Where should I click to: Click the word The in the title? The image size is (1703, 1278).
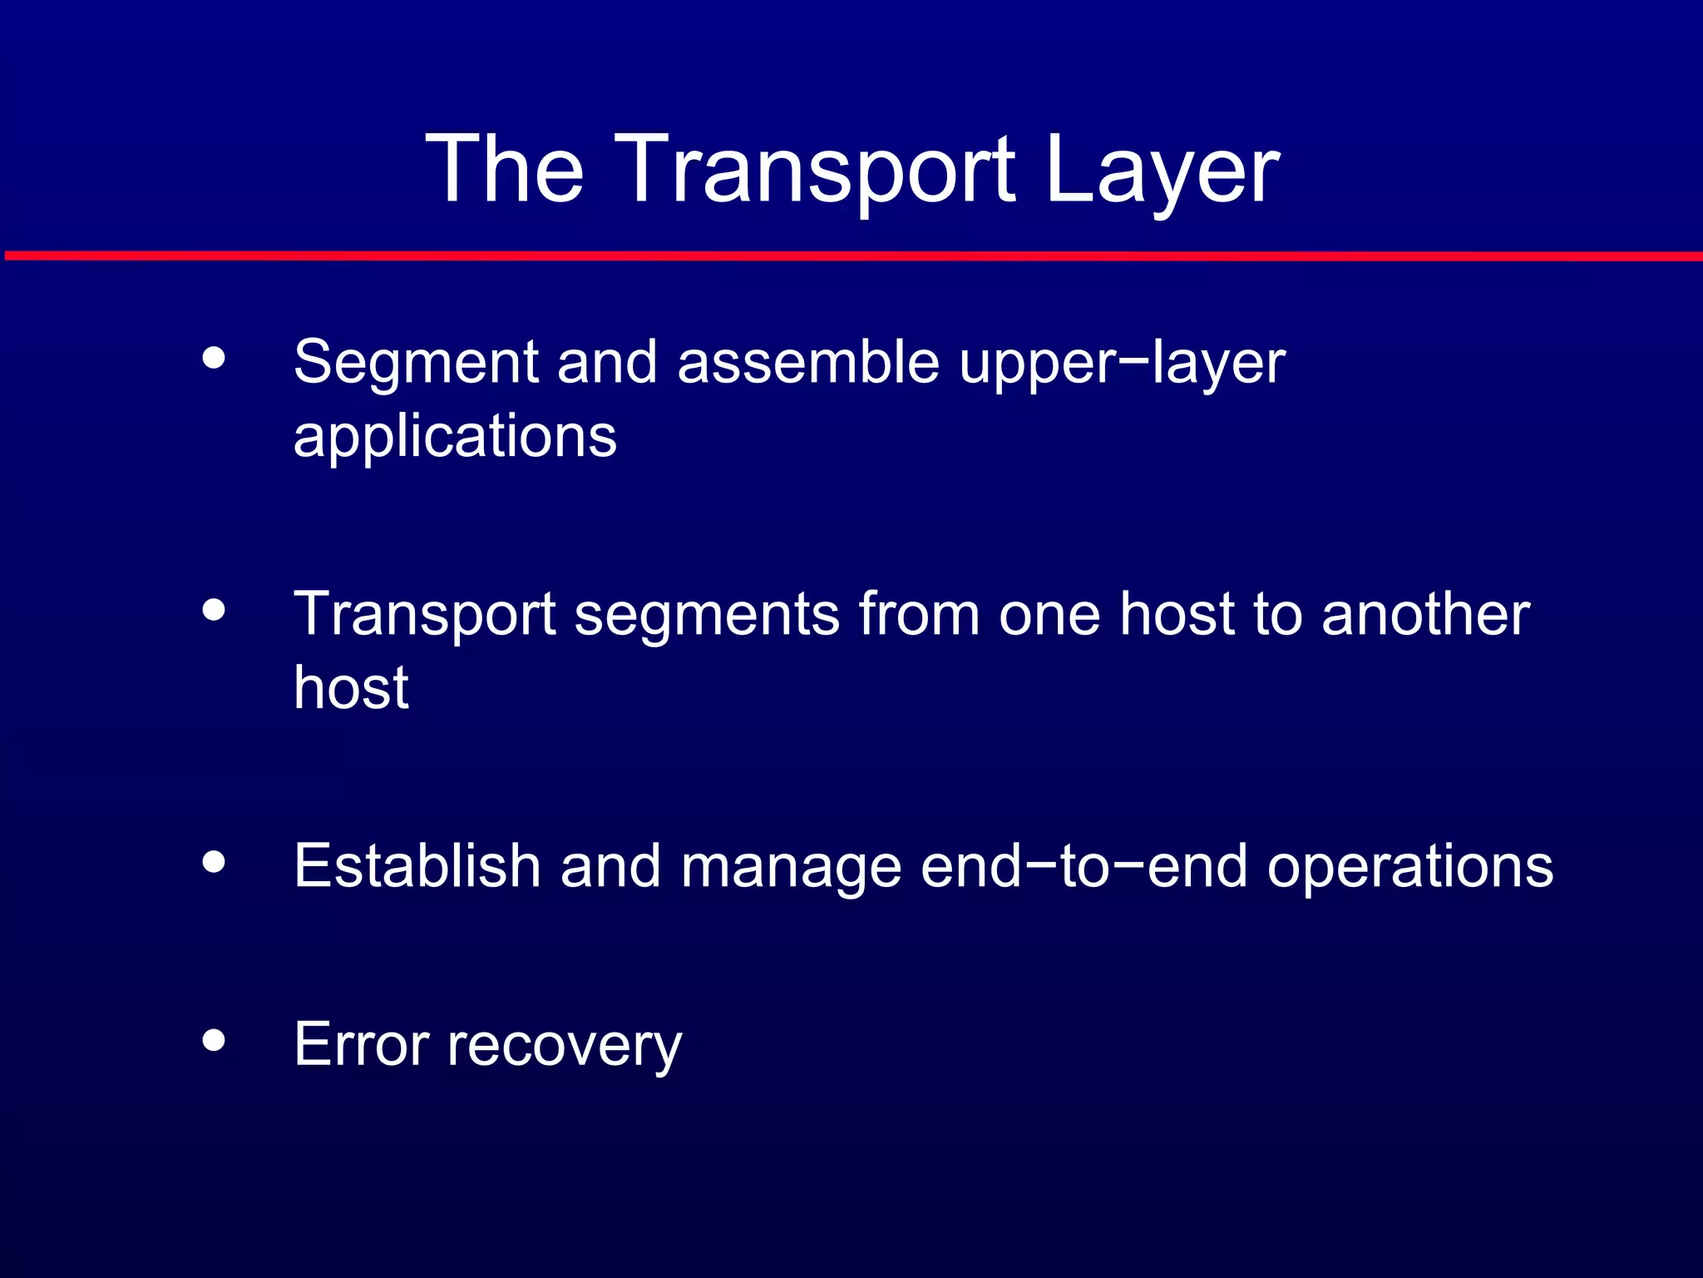505,170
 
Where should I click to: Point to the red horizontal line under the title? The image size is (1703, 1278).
851,256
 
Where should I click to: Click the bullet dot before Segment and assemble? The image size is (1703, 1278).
214,358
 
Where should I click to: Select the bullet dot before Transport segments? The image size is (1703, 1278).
214,610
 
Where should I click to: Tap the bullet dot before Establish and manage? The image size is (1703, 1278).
214,862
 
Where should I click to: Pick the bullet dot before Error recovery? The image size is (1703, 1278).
214,1040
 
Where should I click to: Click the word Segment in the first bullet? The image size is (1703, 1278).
417,364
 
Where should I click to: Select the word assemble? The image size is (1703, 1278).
807,364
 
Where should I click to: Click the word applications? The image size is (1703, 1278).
455,437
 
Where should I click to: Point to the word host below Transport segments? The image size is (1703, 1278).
351,688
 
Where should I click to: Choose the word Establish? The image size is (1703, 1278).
417,866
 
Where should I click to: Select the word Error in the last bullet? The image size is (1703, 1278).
362,1044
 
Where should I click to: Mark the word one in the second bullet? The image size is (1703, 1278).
1049,616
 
